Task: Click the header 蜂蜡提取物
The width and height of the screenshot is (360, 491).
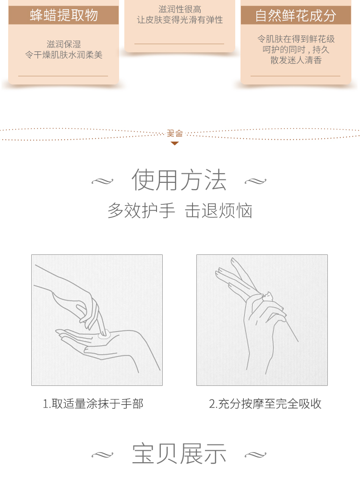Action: click(x=64, y=15)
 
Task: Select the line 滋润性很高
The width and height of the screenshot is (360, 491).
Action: click(x=180, y=9)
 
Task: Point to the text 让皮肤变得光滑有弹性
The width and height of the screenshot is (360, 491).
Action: click(x=180, y=20)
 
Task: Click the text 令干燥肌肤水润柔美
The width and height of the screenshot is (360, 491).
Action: click(x=64, y=55)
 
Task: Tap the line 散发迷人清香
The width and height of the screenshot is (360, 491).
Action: click(x=296, y=60)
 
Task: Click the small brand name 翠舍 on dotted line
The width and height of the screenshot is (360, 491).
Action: click(x=175, y=133)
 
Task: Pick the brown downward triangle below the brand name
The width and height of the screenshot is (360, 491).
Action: click(x=175, y=144)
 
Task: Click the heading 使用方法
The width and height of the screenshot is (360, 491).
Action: click(x=179, y=180)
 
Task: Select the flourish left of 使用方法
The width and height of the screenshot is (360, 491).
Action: click(x=102, y=181)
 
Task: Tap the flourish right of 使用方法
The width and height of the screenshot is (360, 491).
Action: click(x=255, y=181)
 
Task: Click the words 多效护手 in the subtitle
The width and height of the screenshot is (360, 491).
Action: click(x=141, y=210)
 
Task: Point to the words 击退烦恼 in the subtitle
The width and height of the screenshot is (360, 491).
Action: click(x=218, y=210)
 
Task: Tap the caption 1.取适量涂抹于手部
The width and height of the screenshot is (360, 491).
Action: click(x=93, y=404)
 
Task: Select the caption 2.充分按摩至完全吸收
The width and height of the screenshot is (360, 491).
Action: click(x=265, y=404)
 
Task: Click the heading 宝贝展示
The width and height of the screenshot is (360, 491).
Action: click(x=179, y=454)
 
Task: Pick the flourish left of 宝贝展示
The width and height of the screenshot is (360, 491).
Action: click(x=102, y=455)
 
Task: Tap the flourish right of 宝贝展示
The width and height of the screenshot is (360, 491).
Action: click(x=255, y=455)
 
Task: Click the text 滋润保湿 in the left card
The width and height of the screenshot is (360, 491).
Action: click(x=64, y=44)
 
